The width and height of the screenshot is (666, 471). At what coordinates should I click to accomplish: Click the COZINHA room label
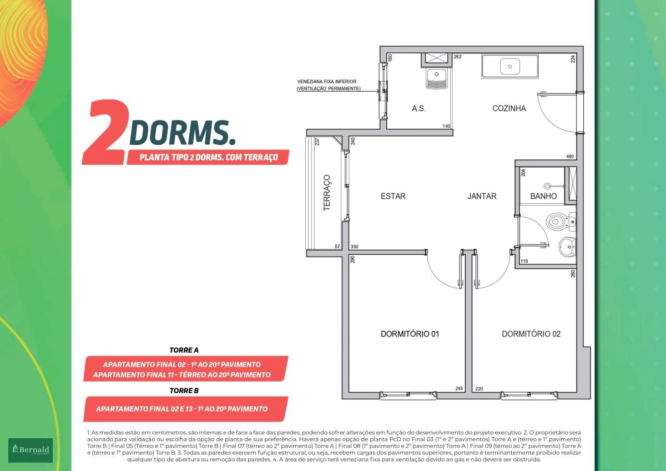click(x=509, y=108)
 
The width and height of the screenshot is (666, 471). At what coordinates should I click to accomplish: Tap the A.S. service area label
click(x=418, y=109)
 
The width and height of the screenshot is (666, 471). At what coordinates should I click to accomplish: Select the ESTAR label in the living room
click(x=393, y=196)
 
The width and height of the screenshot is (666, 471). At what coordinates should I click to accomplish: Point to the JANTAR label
click(x=482, y=196)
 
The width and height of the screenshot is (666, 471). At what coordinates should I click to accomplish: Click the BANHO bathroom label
click(x=543, y=196)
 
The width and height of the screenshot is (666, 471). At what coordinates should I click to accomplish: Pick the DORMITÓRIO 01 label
click(x=410, y=334)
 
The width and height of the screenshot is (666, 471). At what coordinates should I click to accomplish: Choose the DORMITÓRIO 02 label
click(x=531, y=334)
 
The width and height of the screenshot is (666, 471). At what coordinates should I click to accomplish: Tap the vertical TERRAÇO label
click(x=327, y=193)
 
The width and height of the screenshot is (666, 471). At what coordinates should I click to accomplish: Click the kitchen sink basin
click(x=510, y=66)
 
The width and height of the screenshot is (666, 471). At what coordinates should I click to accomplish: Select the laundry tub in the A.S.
click(x=437, y=78)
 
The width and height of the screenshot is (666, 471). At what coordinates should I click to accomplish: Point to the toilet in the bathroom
click(x=558, y=222)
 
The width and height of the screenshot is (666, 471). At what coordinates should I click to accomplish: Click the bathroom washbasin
click(x=567, y=247)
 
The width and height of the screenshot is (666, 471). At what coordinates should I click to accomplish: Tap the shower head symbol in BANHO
click(x=547, y=186)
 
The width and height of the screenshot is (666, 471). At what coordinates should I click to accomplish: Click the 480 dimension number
click(x=569, y=157)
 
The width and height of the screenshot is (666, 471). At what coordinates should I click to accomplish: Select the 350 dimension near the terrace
click(x=355, y=247)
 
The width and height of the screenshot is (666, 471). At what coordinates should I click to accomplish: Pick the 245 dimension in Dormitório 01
click(x=459, y=389)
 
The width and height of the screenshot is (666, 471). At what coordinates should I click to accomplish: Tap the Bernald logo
click(x=31, y=450)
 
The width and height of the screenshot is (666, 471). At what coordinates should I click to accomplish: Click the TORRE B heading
click(x=184, y=390)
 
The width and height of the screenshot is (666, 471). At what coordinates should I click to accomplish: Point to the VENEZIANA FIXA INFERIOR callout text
click(x=327, y=82)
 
